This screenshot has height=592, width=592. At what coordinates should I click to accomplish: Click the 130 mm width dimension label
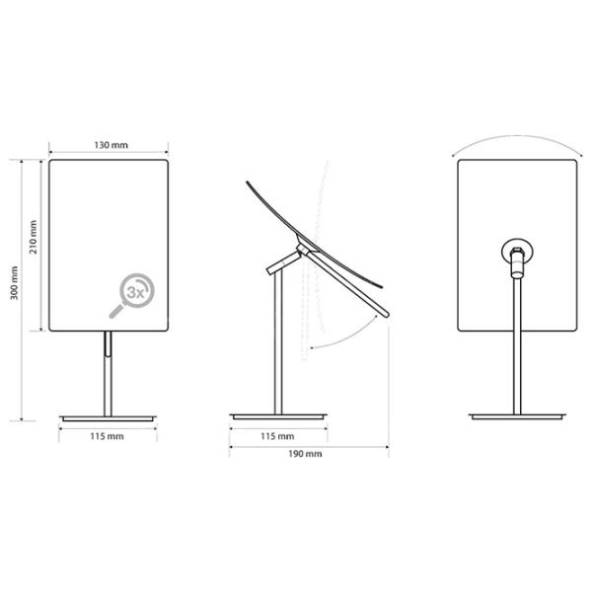point(111,145)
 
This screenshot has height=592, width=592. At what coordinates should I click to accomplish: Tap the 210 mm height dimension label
point(34,237)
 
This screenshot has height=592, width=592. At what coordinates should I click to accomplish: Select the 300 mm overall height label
point(14,283)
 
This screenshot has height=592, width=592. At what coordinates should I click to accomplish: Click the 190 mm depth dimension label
point(305,454)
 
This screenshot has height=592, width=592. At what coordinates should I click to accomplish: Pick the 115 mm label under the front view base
point(107,436)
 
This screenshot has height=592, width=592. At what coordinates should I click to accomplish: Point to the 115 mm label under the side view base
point(277,436)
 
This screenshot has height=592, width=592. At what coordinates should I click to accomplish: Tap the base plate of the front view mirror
point(108,418)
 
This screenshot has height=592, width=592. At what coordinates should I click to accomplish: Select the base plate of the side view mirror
point(278,416)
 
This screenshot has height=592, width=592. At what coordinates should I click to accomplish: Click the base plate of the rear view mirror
point(517,416)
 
